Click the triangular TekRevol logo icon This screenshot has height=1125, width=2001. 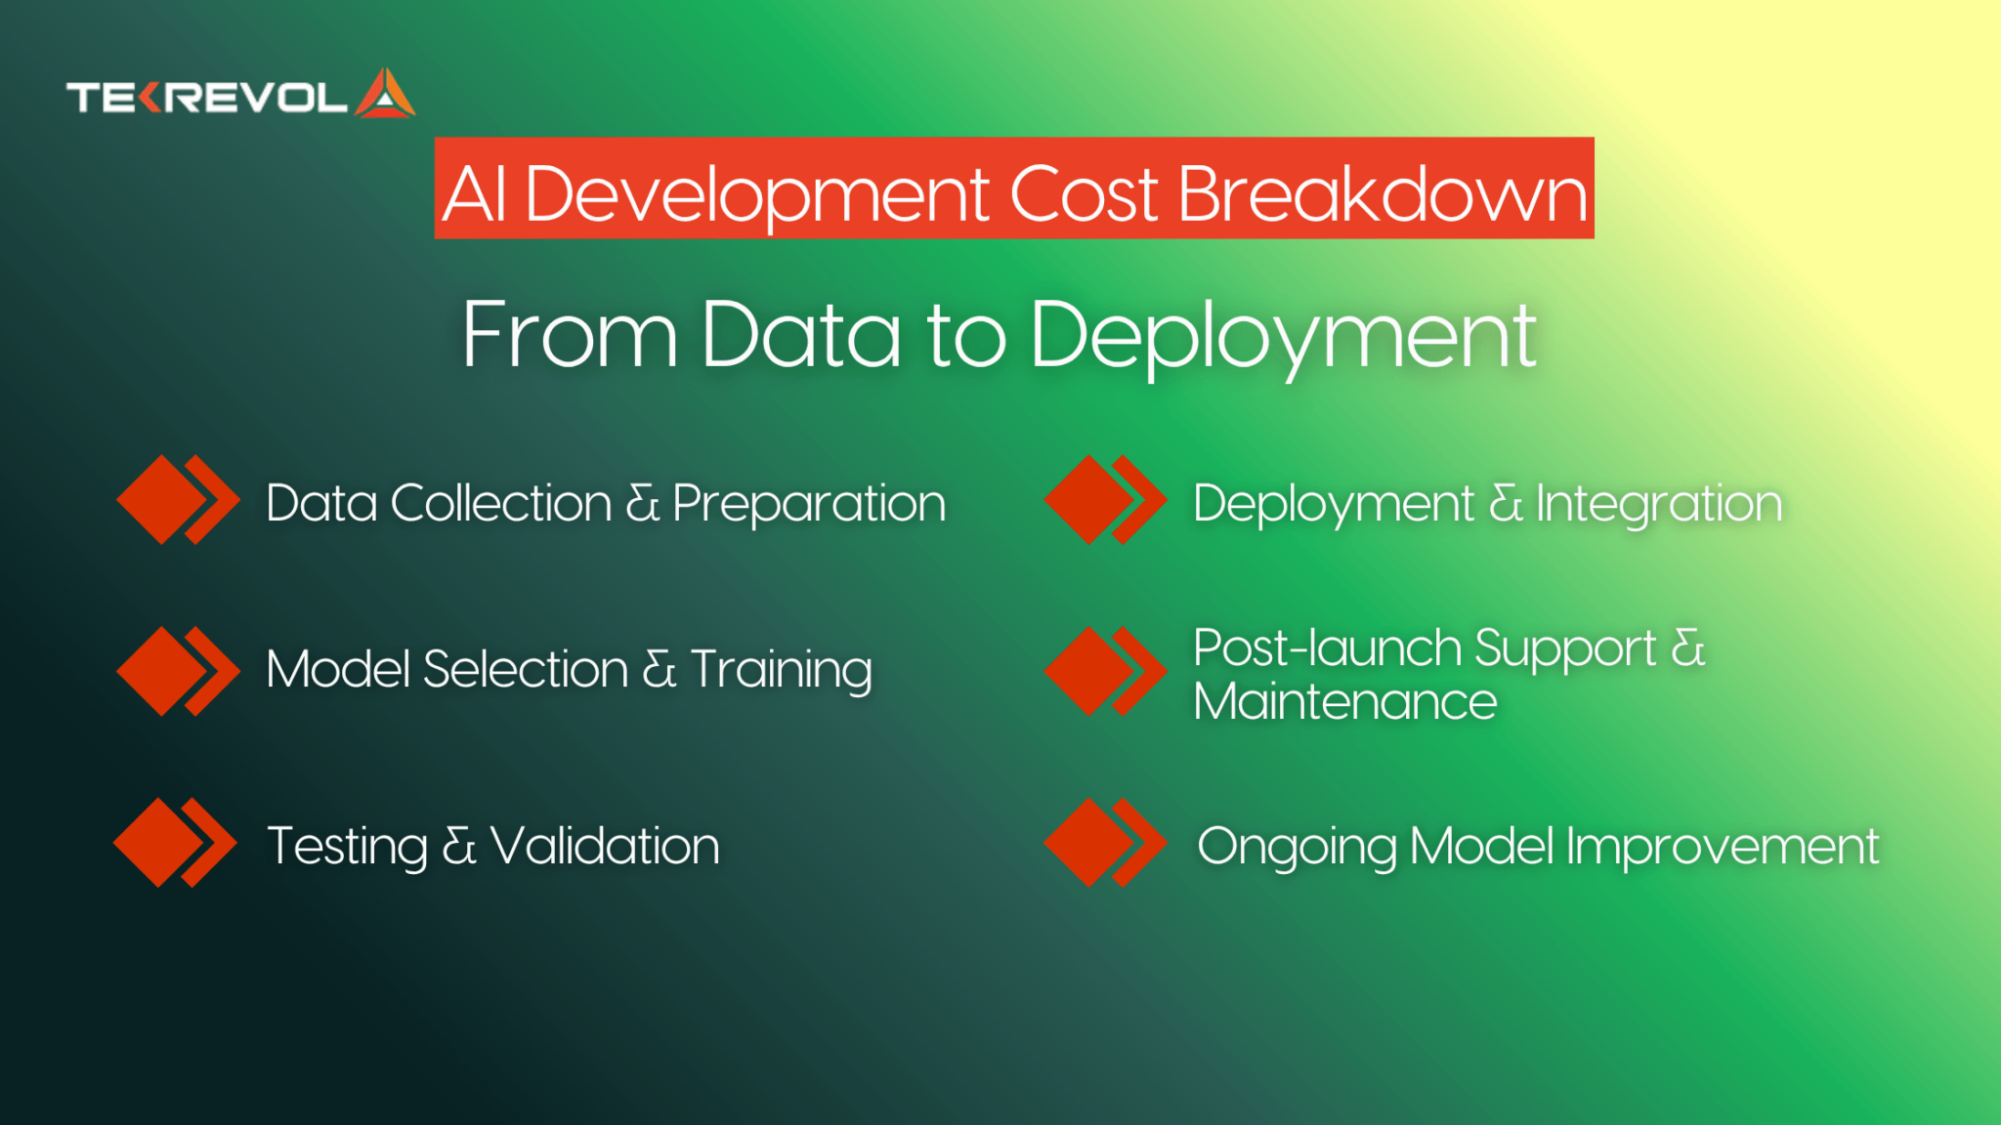pos(386,95)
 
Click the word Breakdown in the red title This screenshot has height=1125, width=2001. pos(1383,193)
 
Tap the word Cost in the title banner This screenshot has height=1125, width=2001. pos(1084,193)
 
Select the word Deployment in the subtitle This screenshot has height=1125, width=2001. pos(1283,335)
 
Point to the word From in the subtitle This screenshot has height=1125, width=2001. pos(569,335)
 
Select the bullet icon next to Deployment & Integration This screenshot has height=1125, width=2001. pos(1105,499)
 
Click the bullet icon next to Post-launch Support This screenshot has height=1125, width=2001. pos(1105,671)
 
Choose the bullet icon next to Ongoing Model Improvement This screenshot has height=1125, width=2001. pos(1105,843)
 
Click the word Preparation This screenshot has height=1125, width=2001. pos(809,505)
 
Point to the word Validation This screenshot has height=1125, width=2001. pos(605,846)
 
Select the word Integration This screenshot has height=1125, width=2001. pos(1659,505)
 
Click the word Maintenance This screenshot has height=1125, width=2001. pos(1344,702)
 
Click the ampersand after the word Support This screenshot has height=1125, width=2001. pos(1688,648)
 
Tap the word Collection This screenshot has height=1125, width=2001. pos(501,504)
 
